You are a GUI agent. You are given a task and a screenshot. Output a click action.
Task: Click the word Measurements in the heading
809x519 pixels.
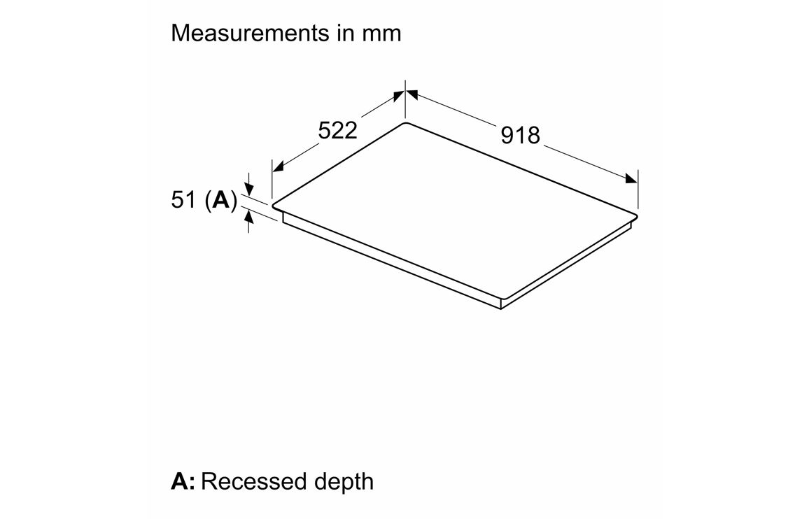pyautogui.click(x=250, y=33)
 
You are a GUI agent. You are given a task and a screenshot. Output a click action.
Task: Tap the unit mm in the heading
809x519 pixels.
pyautogui.click(x=381, y=35)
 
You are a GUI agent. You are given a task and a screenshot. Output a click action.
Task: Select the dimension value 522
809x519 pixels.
pyautogui.click(x=337, y=131)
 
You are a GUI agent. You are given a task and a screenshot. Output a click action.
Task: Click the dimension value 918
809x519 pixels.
pyautogui.click(x=520, y=135)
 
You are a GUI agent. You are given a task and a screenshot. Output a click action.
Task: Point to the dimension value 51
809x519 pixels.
pyautogui.click(x=183, y=200)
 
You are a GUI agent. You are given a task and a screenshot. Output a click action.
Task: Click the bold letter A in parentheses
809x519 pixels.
pyautogui.click(x=221, y=200)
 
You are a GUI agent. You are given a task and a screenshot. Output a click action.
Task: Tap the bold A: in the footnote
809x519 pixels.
pyautogui.click(x=183, y=481)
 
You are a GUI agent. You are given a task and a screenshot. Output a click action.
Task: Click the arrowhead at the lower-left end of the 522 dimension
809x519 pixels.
pyautogui.click(x=278, y=166)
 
